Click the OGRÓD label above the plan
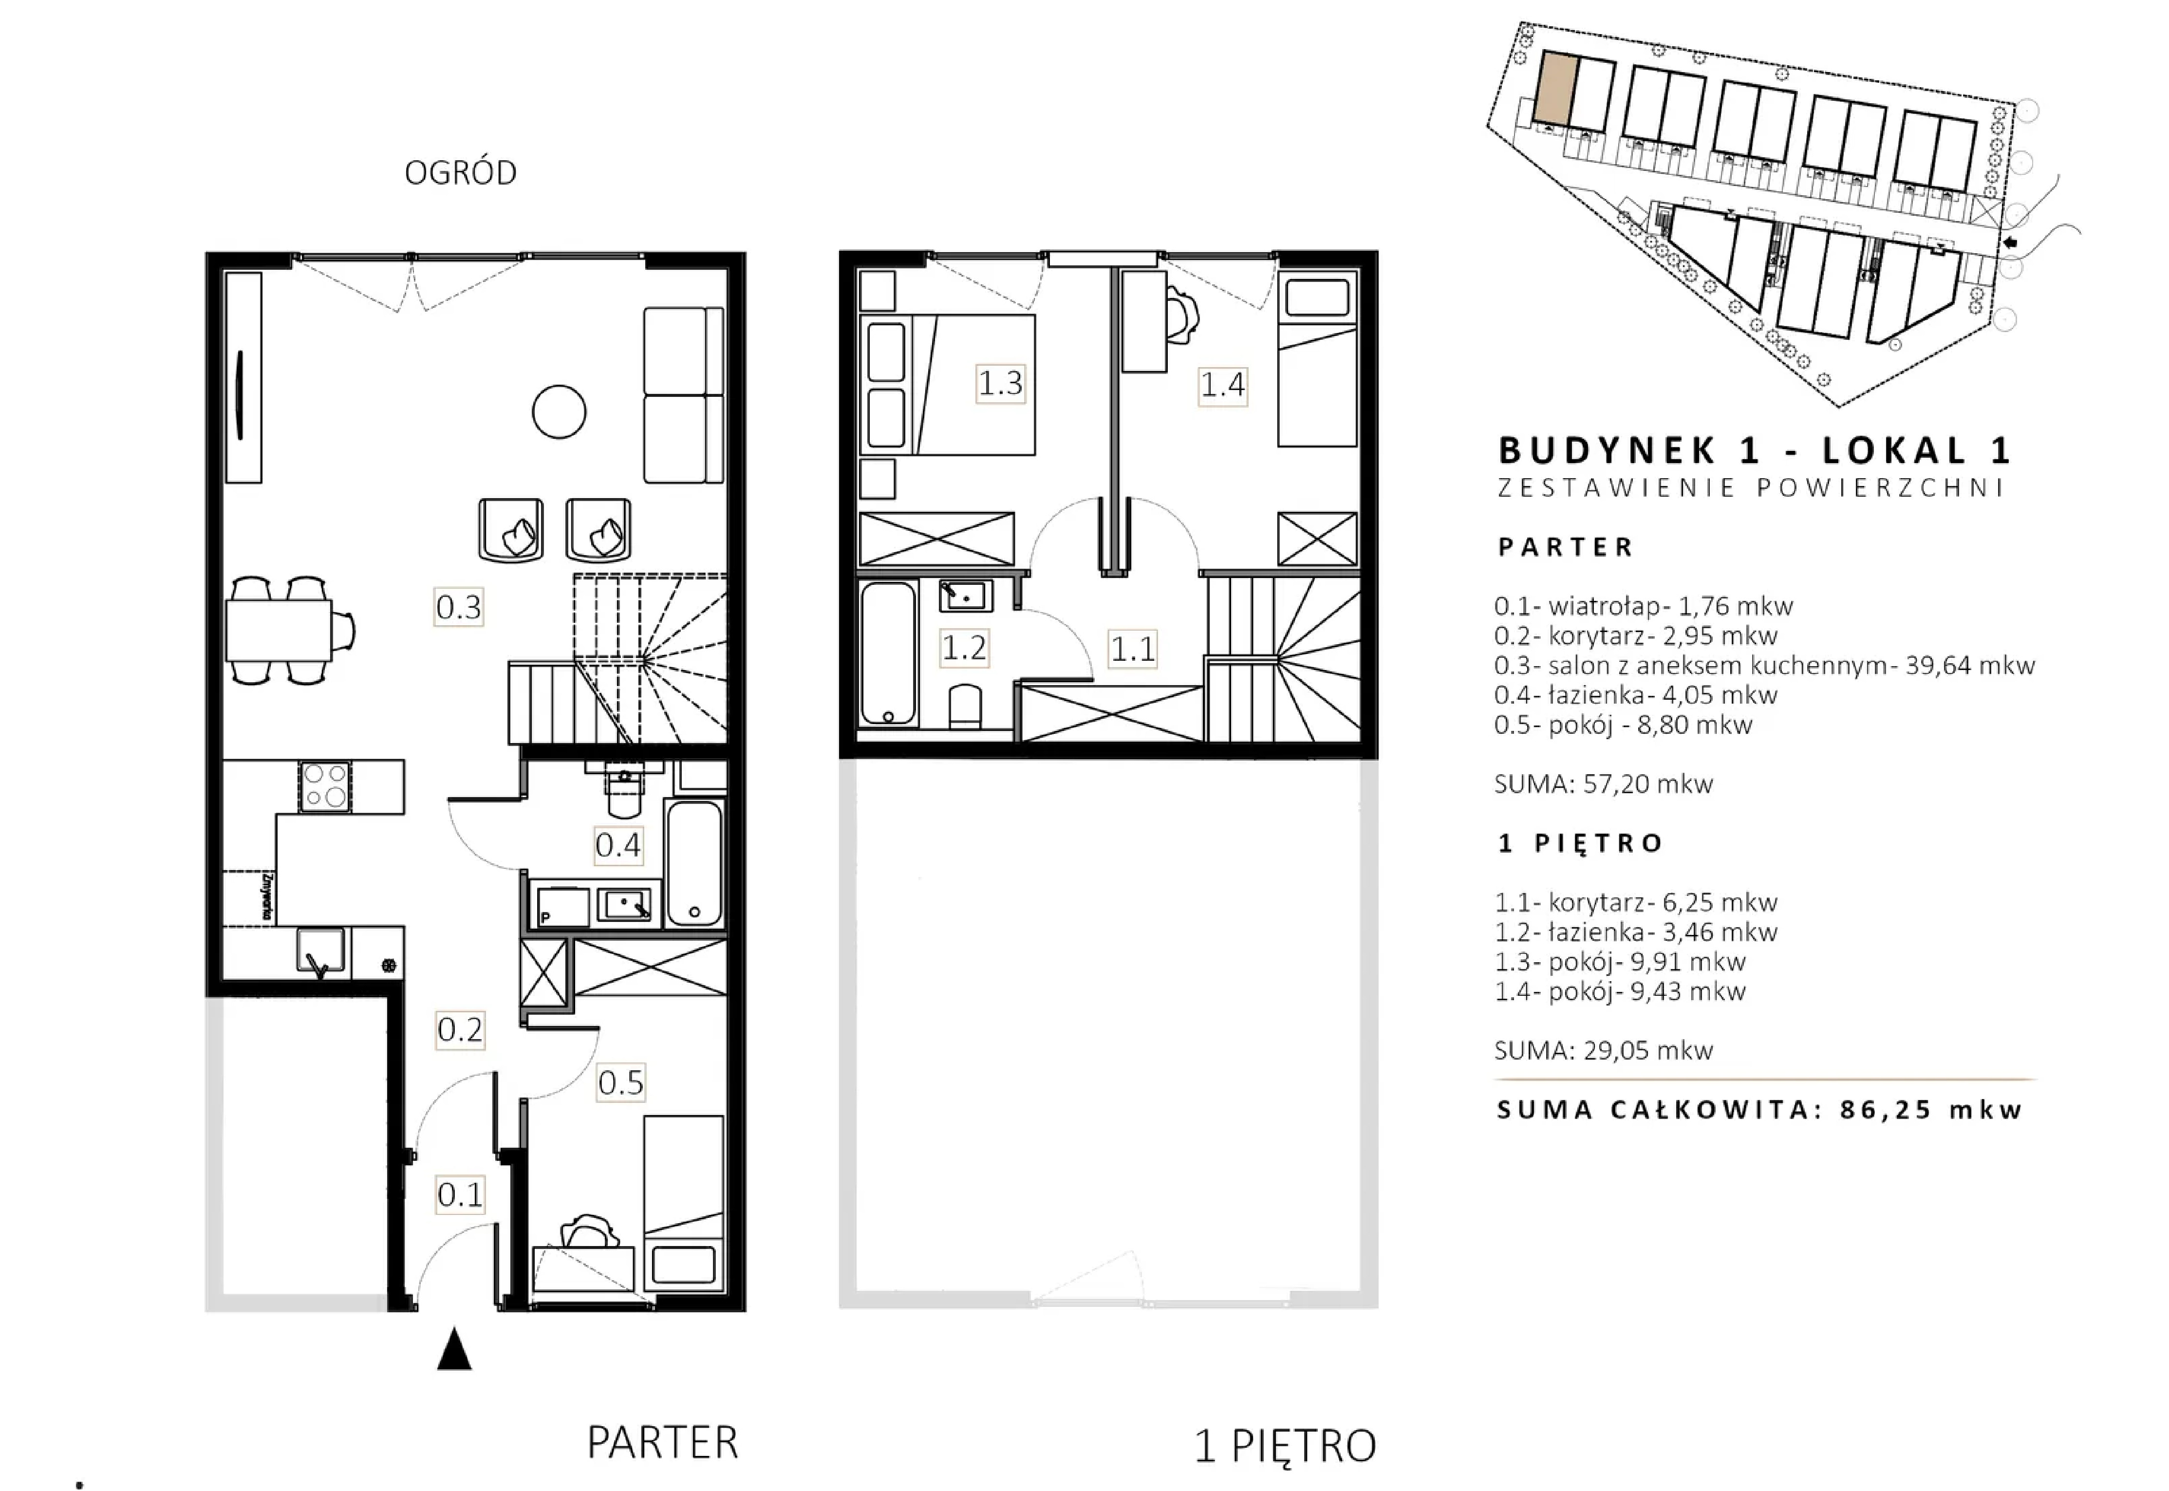461,173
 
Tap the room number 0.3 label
459,607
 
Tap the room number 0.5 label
621,1083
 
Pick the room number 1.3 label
1000,383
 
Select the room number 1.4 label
1223,384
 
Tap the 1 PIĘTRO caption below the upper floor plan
1285,1446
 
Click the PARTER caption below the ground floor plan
662,1442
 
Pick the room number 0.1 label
461,1195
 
